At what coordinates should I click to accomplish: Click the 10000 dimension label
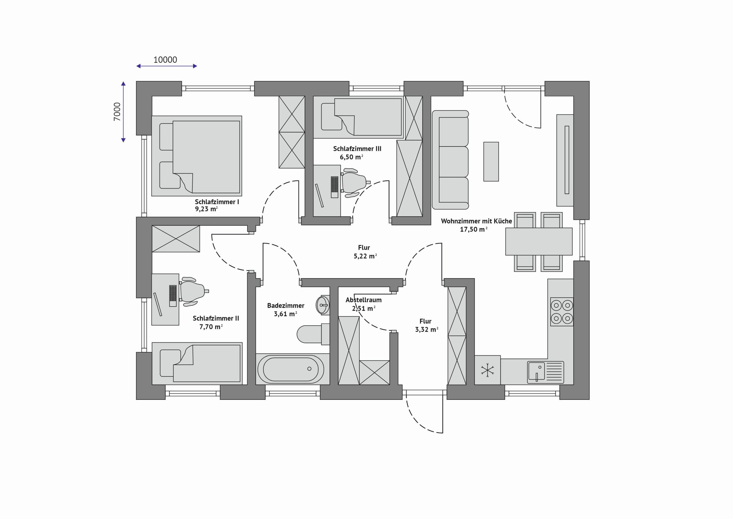(x=165, y=60)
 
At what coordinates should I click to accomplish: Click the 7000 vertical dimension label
(x=117, y=112)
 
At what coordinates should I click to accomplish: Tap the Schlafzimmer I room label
(x=217, y=202)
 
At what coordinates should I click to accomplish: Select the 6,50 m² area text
(x=351, y=157)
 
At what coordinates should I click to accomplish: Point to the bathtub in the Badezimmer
(x=291, y=369)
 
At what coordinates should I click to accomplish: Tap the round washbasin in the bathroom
(x=323, y=305)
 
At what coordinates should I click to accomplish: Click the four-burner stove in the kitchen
(x=561, y=311)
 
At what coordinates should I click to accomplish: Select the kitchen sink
(x=545, y=372)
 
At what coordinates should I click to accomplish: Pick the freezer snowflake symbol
(x=488, y=370)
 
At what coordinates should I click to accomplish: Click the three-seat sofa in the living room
(x=450, y=160)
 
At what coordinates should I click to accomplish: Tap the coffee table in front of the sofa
(x=491, y=162)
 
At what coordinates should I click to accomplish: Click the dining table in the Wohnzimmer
(x=539, y=241)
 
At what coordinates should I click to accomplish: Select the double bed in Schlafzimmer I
(x=197, y=156)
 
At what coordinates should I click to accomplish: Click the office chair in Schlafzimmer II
(x=193, y=291)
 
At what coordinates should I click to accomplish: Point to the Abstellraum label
(x=364, y=300)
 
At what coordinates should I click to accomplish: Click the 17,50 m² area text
(x=474, y=229)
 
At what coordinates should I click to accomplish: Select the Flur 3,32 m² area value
(x=427, y=329)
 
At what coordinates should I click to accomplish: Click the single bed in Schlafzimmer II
(x=197, y=363)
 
